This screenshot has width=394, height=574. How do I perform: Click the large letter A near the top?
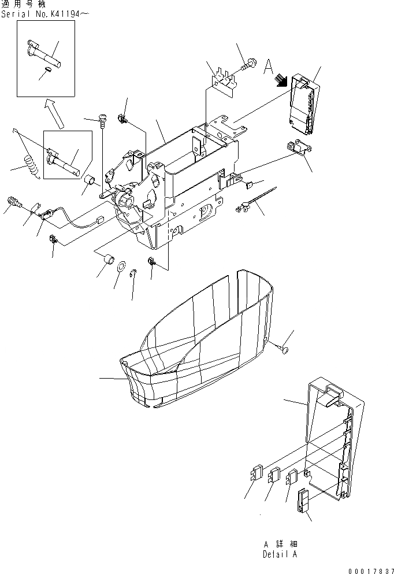[x=268, y=68]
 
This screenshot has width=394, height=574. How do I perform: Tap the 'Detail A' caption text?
[x=279, y=554]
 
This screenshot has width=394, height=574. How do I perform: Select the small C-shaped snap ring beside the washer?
[x=133, y=274]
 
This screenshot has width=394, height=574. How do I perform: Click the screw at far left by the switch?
[x=13, y=203]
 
